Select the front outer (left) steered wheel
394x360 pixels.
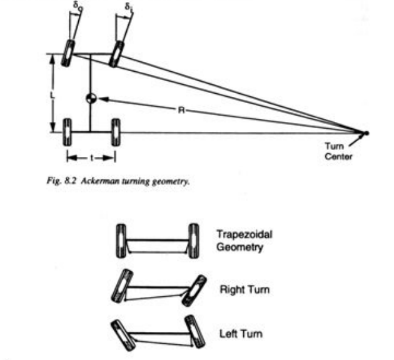(x=68, y=54)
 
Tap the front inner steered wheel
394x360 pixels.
(x=116, y=54)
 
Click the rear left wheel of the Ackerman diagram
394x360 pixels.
(x=68, y=132)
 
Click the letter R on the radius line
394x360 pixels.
(x=180, y=109)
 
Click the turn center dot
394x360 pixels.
(x=366, y=132)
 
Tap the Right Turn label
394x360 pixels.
(x=240, y=290)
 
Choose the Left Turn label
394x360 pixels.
(x=238, y=333)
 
